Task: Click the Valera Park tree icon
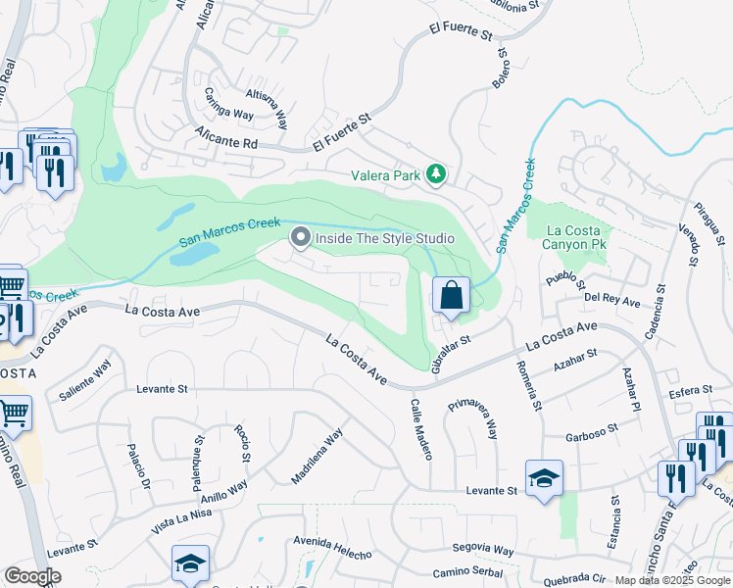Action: click(436, 176)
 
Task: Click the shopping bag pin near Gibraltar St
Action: click(451, 296)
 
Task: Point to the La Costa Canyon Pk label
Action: click(569, 237)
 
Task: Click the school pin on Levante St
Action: click(544, 478)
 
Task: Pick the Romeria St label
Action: click(529, 384)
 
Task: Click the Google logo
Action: click(33, 576)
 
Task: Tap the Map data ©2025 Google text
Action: click(672, 580)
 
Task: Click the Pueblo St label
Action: click(565, 280)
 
